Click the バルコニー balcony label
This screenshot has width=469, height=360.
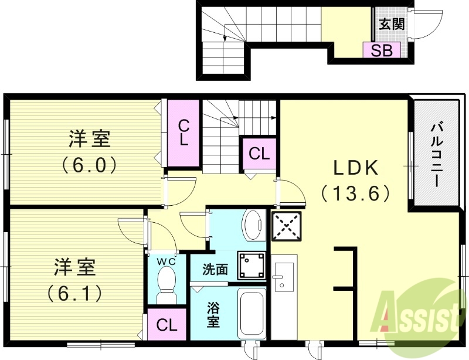(437, 152)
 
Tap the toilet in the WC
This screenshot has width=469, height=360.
(167, 284)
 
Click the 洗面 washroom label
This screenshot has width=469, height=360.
(215, 270)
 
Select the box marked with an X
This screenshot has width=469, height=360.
(286, 226)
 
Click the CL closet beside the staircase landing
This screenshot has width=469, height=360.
(259, 154)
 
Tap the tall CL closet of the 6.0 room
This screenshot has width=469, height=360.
(183, 133)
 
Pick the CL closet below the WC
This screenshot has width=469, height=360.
(166, 325)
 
